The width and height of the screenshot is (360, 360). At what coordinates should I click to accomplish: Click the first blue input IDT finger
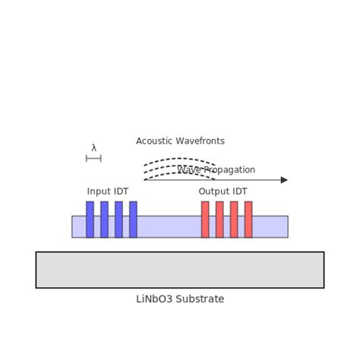click(x=90, y=219)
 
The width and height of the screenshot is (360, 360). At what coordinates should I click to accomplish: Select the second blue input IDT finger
click(x=104, y=219)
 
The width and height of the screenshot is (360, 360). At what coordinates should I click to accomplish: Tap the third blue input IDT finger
click(x=118, y=219)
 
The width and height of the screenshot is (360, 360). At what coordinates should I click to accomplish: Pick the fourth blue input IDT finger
click(x=133, y=219)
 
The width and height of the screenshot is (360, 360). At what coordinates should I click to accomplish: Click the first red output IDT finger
click(x=205, y=219)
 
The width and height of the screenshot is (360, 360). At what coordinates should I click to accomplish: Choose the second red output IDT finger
click(x=219, y=219)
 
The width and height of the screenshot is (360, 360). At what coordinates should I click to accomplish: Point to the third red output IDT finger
click(x=234, y=219)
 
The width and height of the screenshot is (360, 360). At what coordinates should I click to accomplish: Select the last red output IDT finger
click(x=248, y=219)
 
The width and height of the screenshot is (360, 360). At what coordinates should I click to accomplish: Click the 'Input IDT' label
click(x=108, y=191)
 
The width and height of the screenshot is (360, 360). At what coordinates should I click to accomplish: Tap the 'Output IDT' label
click(x=223, y=191)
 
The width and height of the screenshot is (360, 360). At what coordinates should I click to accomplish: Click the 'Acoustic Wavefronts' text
click(x=180, y=141)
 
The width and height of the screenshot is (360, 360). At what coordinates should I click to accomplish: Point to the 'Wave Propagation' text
click(x=217, y=170)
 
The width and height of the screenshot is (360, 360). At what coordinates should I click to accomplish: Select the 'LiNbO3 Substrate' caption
click(x=180, y=299)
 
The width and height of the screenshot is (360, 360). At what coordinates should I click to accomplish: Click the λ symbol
click(x=94, y=148)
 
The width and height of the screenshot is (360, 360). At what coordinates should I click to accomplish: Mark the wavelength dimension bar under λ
click(x=93, y=158)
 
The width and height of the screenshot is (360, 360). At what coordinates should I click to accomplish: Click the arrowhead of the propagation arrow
click(x=284, y=180)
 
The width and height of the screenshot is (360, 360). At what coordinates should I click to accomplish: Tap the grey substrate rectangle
click(x=180, y=270)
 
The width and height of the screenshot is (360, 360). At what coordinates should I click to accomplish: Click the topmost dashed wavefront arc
click(x=180, y=159)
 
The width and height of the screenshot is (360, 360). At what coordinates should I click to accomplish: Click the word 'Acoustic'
click(x=155, y=141)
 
